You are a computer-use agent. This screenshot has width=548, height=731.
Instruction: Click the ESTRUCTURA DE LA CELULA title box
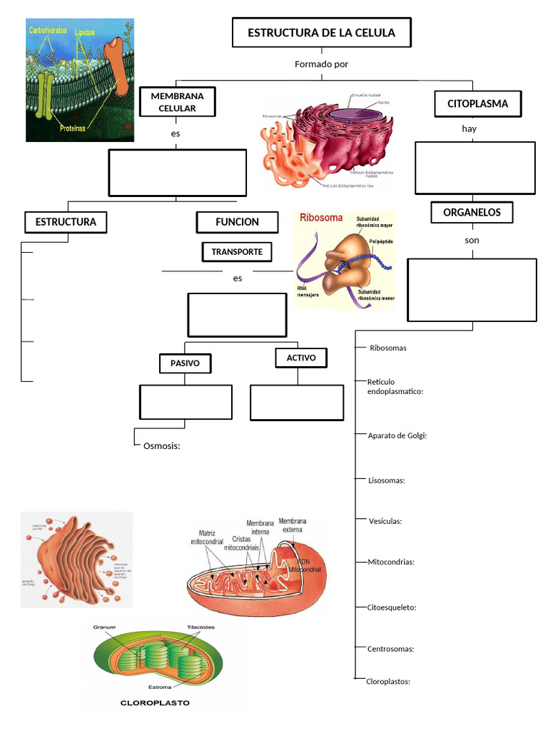(321, 33)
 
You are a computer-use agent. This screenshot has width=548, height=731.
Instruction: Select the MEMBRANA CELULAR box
(178, 102)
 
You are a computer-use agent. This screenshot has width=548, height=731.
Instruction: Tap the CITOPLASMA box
(478, 104)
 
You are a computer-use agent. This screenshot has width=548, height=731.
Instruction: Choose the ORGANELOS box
(472, 212)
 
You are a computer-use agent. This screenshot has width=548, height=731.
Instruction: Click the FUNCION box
(237, 222)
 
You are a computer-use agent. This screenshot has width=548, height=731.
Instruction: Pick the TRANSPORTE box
(237, 252)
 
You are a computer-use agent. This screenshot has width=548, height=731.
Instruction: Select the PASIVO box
(185, 364)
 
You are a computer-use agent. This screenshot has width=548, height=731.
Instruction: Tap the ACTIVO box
(301, 358)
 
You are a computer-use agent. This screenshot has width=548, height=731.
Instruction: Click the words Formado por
(321, 64)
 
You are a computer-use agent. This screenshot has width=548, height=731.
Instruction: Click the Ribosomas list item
(387, 348)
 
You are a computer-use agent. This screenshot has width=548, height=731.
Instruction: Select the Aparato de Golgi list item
(397, 435)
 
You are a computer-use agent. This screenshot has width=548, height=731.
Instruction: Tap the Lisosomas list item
(386, 480)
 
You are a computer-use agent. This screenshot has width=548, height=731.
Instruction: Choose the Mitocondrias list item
(390, 562)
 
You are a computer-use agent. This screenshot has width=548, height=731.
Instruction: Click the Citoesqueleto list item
(391, 607)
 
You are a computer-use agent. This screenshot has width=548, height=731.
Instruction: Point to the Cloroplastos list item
(387, 681)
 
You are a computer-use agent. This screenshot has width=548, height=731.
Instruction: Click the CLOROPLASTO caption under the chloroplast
(155, 702)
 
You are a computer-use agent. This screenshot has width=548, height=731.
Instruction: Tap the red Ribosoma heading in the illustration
(321, 218)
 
